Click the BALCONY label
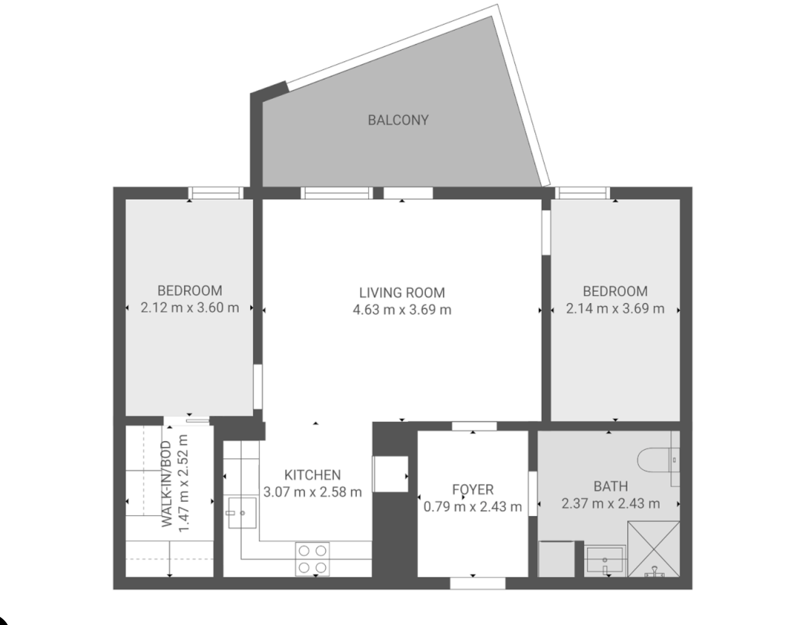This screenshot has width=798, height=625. pyautogui.click(x=398, y=120)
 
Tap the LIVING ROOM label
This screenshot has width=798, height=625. pyautogui.click(x=402, y=293)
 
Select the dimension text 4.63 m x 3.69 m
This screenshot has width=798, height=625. pyautogui.click(x=402, y=310)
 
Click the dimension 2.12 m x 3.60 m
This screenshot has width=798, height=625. pyautogui.click(x=190, y=308)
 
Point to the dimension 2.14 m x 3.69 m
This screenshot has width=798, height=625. pyautogui.click(x=615, y=309)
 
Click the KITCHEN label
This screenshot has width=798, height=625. pyautogui.click(x=313, y=475)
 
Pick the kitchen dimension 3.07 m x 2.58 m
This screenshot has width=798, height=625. pyautogui.click(x=313, y=492)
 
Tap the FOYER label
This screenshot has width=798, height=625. pyautogui.click(x=473, y=489)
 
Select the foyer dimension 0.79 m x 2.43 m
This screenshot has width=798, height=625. pyautogui.click(x=473, y=506)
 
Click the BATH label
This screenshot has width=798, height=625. pyautogui.click(x=611, y=487)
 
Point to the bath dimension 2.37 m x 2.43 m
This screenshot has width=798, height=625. pyautogui.click(x=611, y=504)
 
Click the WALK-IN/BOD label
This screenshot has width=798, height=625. pyautogui.click(x=167, y=484)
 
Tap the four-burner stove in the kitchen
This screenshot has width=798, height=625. pyautogui.click(x=313, y=559)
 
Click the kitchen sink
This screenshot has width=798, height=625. pyautogui.click(x=242, y=513)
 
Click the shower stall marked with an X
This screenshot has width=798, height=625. pyautogui.click(x=653, y=549)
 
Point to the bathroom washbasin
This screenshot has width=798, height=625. pyautogui.click(x=605, y=561)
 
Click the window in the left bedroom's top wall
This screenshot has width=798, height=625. pyautogui.click(x=216, y=193)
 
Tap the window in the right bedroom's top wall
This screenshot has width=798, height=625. pyautogui.click(x=582, y=193)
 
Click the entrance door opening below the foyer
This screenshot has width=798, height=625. pyautogui.click(x=478, y=583)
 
